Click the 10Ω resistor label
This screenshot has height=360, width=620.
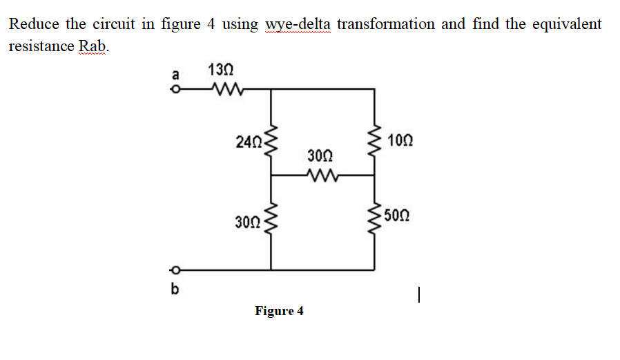[x=401, y=141]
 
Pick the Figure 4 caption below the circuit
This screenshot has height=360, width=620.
[x=279, y=311]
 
